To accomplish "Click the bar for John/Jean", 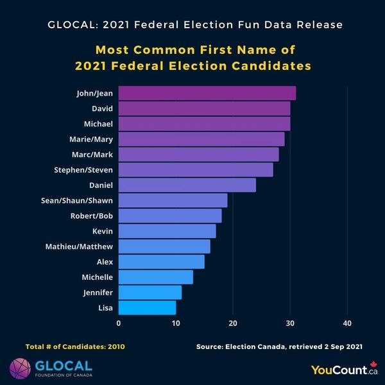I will [207, 93].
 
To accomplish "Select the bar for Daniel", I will [187, 185].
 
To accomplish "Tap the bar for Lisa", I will [148, 307].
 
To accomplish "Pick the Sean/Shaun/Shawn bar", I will [173, 200].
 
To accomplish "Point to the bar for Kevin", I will [167, 231].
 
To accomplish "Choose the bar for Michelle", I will [156, 277].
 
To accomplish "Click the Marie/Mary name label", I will [91, 139].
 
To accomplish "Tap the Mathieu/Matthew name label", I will [79, 246].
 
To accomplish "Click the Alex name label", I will [103, 262].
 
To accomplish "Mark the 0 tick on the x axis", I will [119, 323].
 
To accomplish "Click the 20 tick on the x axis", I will [233, 323].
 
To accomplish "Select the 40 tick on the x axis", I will [347, 323].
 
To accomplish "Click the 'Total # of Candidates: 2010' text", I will [75, 346].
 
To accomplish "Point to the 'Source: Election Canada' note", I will [279, 346].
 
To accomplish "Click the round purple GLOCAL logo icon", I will [19, 368].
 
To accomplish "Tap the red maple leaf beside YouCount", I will [373, 365].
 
